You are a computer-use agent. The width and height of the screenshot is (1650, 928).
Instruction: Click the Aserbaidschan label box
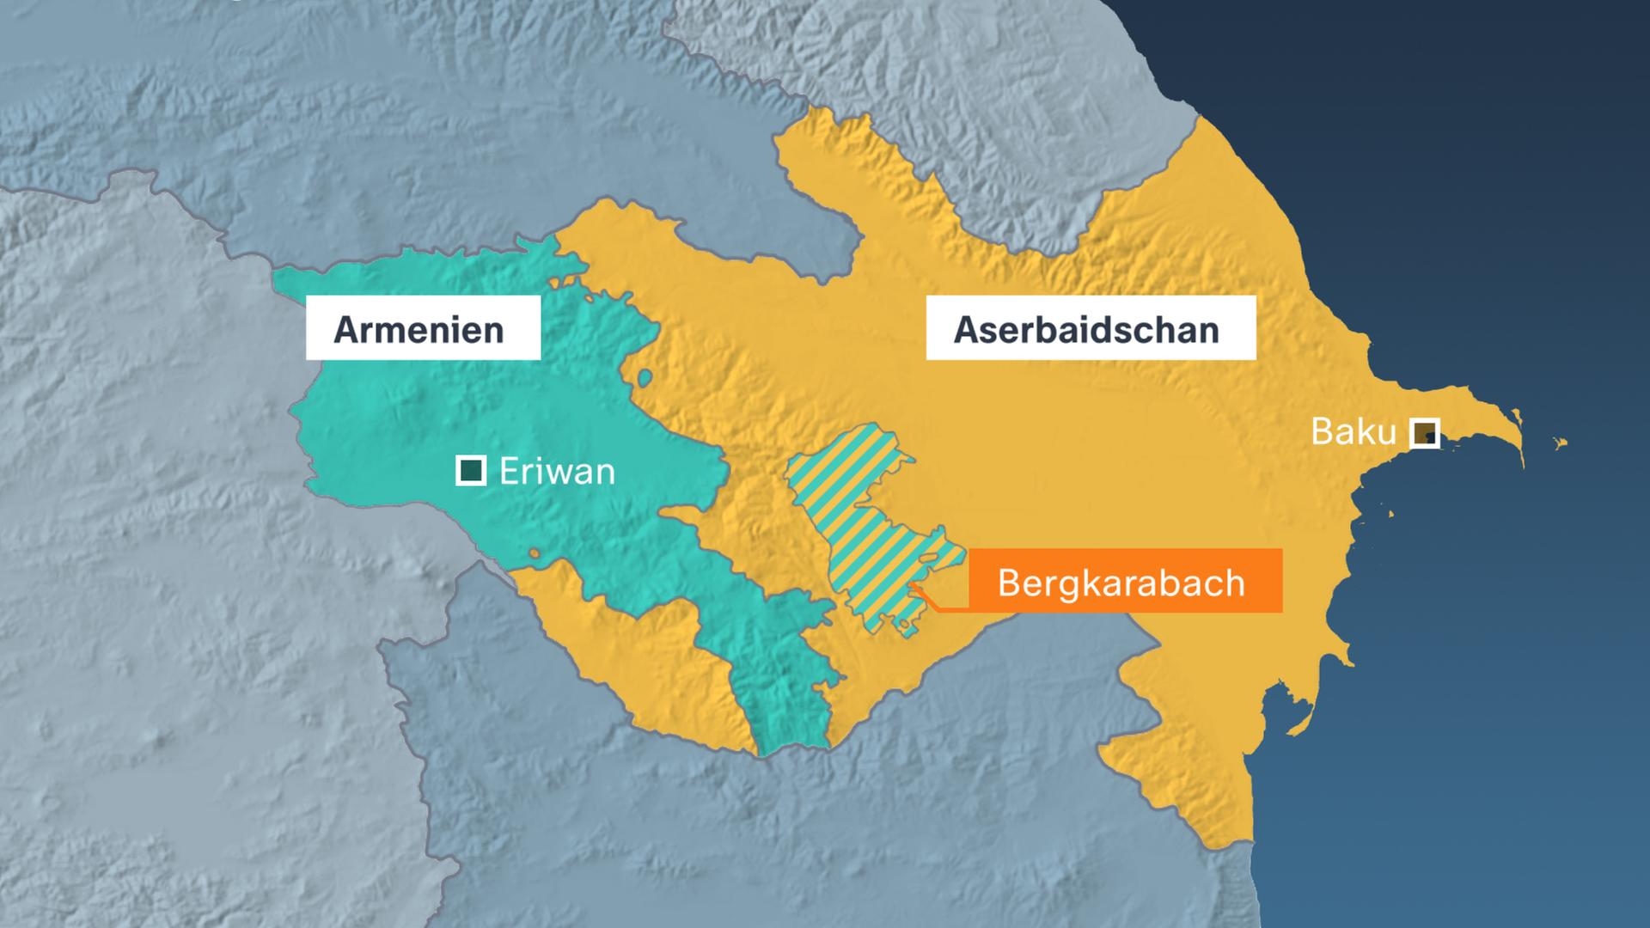coord(1090,328)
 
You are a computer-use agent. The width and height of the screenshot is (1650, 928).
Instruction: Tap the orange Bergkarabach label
coord(1124,582)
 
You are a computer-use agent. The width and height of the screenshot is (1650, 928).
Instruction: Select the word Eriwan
coord(557,472)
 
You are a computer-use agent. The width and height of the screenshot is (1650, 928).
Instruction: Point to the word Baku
coord(1353,431)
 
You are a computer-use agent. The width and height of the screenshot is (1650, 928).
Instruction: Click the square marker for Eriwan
coord(470,471)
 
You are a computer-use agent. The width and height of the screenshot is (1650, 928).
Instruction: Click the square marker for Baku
coord(1425,432)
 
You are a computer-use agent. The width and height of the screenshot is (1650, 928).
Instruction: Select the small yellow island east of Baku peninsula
coord(1560,443)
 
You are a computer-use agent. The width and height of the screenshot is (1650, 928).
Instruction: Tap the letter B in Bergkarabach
coord(1008,583)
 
